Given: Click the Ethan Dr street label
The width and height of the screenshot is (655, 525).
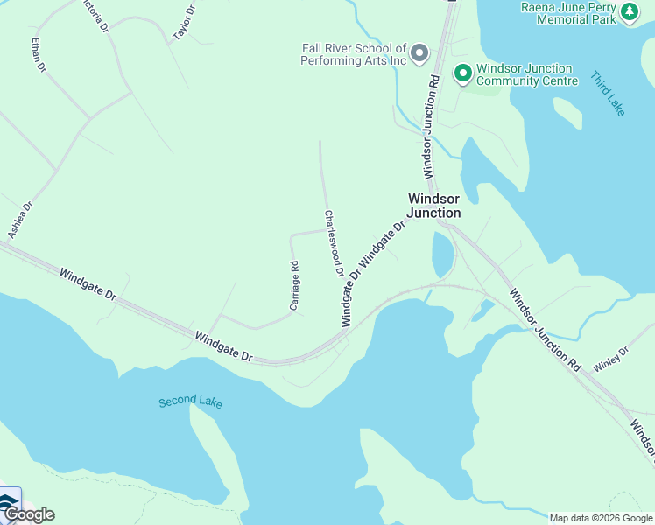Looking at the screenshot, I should (x=38, y=55).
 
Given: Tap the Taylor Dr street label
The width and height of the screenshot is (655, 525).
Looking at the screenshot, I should (x=184, y=21).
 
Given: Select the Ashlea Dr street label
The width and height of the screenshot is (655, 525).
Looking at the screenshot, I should (x=20, y=220).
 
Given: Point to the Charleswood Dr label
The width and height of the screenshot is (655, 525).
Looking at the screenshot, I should (x=333, y=243).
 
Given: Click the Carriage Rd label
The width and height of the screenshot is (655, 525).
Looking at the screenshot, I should (x=294, y=286).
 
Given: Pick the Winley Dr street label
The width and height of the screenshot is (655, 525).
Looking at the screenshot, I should (x=610, y=360).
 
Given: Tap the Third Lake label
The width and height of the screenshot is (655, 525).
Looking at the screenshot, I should (x=607, y=94).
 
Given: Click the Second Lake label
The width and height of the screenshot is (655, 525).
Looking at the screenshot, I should (x=190, y=402).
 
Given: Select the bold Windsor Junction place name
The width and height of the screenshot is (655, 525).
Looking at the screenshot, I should (x=434, y=206).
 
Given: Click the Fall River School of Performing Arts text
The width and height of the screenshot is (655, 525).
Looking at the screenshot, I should (x=354, y=55).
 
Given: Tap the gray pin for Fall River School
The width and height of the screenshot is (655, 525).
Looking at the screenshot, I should (x=419, y=53).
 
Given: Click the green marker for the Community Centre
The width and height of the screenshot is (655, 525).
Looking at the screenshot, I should (x=462, y=73).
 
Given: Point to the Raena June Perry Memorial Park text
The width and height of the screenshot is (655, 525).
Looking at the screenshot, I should (x=568, y=13).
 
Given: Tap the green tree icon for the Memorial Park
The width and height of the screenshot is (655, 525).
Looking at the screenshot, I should (x=629, y=11).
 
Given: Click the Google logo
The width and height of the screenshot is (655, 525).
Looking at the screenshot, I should (x=28, y=514).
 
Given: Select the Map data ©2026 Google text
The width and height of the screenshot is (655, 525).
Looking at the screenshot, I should (x=601, y=518).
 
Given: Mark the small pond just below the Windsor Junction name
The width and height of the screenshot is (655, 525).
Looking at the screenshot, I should (x=442, y=255).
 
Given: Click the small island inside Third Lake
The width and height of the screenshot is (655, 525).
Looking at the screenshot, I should (x=567, y=113).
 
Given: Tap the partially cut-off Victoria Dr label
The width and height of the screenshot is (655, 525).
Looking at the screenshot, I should (x=93, y=15).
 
